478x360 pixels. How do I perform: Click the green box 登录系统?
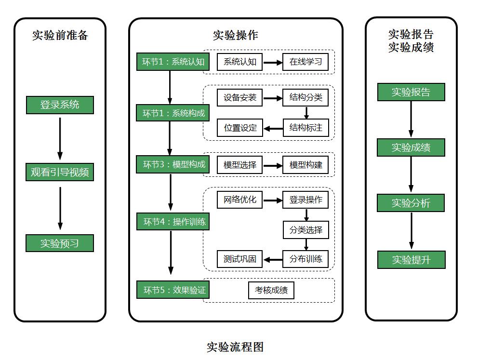(x=60, y=105)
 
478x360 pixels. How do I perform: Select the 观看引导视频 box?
(x=60, y=172)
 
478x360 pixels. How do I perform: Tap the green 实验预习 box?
(x=60, y=243)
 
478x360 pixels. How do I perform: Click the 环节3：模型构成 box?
(x=173, y=165)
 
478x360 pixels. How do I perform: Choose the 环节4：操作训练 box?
(x=173, y=222)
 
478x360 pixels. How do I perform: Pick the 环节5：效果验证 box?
(x=173, y=290)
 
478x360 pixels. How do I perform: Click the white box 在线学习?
(x=305, y=62)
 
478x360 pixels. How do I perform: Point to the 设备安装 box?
(x=239, y=97)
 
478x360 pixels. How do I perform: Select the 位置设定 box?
(x=240, y=128)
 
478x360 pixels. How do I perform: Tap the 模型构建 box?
(x=305, y=165)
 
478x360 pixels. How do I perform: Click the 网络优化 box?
(x=239, y=200)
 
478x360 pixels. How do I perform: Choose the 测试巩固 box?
(x=239, y=259)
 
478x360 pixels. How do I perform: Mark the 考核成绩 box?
(x=271, y=290)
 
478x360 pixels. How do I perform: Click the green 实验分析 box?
(x=411, y=203)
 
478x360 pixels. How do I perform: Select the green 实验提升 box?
(x=411, y=260)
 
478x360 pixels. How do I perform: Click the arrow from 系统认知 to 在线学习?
(x=273, y=63)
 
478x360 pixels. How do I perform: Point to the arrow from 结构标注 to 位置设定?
(x=273, y=129)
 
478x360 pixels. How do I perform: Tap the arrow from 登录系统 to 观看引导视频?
(x=60, y=139)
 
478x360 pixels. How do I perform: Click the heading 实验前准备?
(x=60, y=35)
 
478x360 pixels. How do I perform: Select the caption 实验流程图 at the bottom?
(x=235, y=347)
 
